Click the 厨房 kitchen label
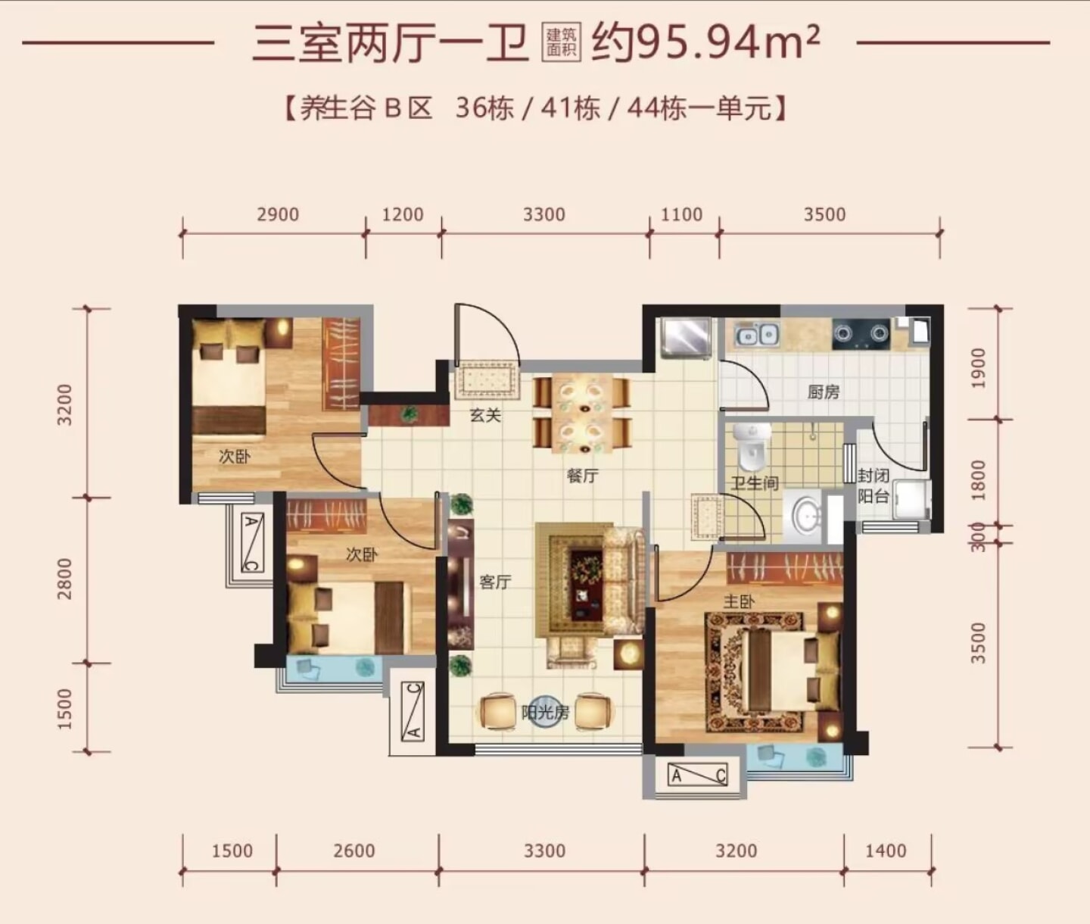[823, 392]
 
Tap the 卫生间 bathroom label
[755, 482]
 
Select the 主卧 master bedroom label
[739, 601]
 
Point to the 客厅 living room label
[495, 582]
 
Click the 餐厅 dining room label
[583, 476]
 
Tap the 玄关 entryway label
[485, 415]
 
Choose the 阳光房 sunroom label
[545, 713]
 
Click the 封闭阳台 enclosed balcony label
[874, 485]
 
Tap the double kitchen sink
[757, 335]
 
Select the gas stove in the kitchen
[861, 334]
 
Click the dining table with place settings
[583, 415]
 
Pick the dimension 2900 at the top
[278, 215]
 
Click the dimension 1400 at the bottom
[886, 851]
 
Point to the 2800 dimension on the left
[65, 579]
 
